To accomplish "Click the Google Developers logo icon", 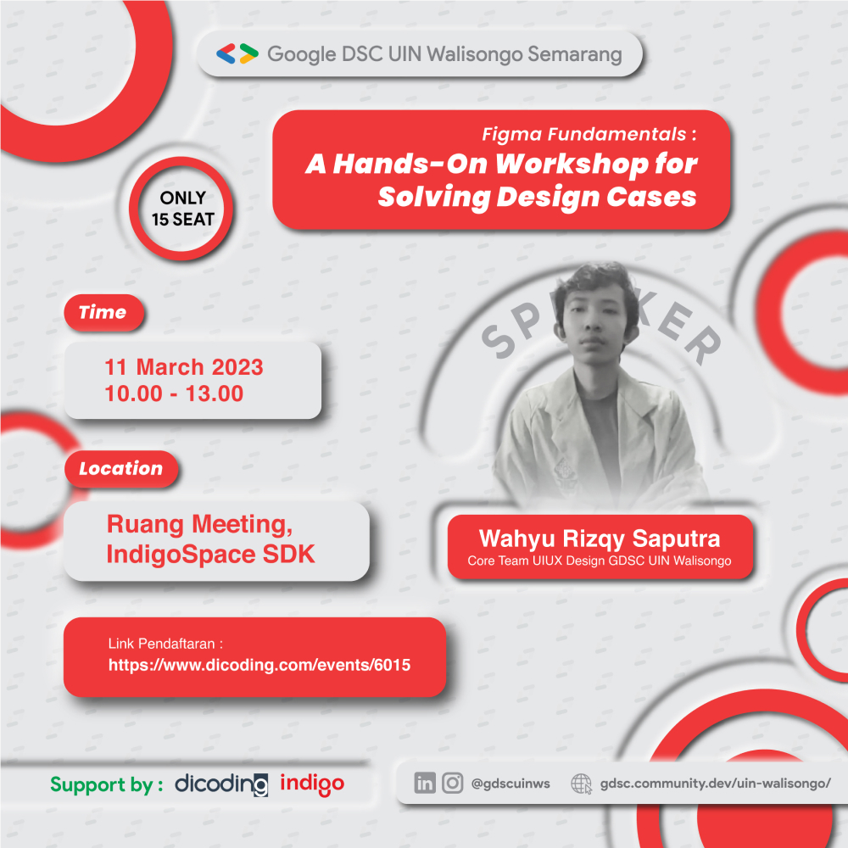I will (x=237, y=54).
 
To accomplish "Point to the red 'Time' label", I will (x=103, y=312).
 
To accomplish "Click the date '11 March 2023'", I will (x=184, y=367).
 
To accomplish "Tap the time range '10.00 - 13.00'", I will (x=174, y=393).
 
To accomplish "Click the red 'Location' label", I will (x=120, y=468).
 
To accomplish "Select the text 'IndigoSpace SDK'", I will (x=210, y=555).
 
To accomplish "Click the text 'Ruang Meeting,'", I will (x=200, y=524).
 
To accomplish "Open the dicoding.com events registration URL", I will (x=259, y=665).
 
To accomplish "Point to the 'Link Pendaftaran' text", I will (x=170, y=643).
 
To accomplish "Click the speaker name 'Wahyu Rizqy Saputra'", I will (x=600, y=538).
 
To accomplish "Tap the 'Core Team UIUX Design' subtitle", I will (x=537, y=561).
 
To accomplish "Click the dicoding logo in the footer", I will (x=221, y=784).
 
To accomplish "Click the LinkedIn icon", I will (x=425, y=783).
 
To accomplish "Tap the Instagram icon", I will (x=453, y=783).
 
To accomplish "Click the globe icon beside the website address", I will (x=582, y=783).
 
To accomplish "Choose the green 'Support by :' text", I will (x=107, y=784).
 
